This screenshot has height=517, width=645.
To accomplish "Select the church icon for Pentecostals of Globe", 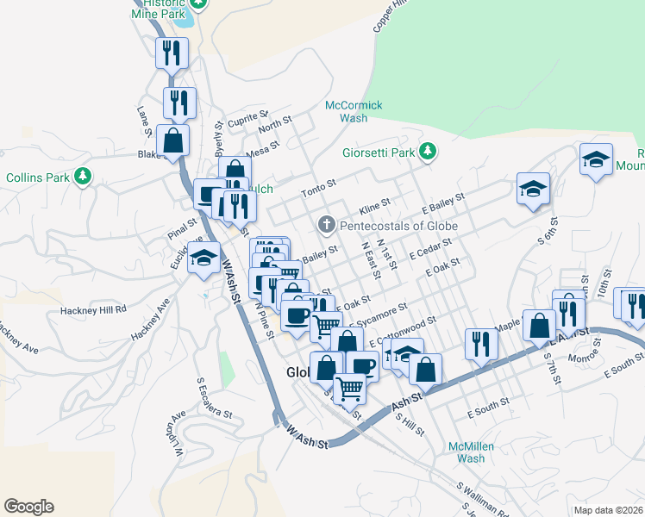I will [326, 226].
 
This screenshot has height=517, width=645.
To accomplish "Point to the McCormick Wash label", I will [354, 112].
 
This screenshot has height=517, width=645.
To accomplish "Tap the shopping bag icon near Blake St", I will [172, 140].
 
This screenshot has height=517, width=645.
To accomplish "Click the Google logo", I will [28, 507].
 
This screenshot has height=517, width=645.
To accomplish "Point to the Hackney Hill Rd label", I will [93, 308].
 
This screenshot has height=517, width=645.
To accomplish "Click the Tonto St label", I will [316, 192].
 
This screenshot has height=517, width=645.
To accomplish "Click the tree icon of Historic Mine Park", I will [199, 3].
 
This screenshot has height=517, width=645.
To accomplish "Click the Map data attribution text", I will [608, 509].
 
